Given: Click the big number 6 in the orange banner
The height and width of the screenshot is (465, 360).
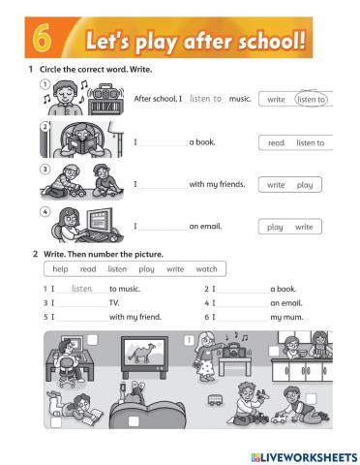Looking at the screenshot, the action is coord(42,38).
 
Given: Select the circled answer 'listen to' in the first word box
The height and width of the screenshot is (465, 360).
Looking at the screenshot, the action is coord(311,99).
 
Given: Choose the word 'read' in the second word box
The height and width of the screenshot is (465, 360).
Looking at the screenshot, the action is coord(276,142).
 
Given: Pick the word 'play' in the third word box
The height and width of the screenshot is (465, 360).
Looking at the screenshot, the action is coord(305,185).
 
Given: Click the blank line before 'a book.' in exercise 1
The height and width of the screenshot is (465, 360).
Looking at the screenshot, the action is coord(164,146).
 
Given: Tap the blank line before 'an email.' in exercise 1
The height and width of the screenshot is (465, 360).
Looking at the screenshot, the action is coord(164,230).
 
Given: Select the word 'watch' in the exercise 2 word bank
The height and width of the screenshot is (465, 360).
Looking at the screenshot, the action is coord(206,269).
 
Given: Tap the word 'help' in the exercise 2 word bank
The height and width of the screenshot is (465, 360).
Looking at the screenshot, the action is coord(60,269).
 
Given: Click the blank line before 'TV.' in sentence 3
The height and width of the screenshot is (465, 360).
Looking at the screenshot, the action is coord(82,306).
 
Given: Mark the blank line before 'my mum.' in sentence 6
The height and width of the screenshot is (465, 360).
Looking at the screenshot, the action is coord(243,321).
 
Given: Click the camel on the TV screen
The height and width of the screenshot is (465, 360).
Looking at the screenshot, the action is coord(141,351).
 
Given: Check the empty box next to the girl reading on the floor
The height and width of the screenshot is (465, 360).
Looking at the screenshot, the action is coord(56,422).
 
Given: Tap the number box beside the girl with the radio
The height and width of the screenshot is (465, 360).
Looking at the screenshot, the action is coord(189,340).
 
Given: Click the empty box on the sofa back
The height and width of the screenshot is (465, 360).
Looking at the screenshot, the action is coord(134,421).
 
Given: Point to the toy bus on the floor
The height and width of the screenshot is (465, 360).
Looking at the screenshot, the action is coord(215,400).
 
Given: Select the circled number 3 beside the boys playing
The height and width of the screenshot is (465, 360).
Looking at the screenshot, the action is coord(45,169).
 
